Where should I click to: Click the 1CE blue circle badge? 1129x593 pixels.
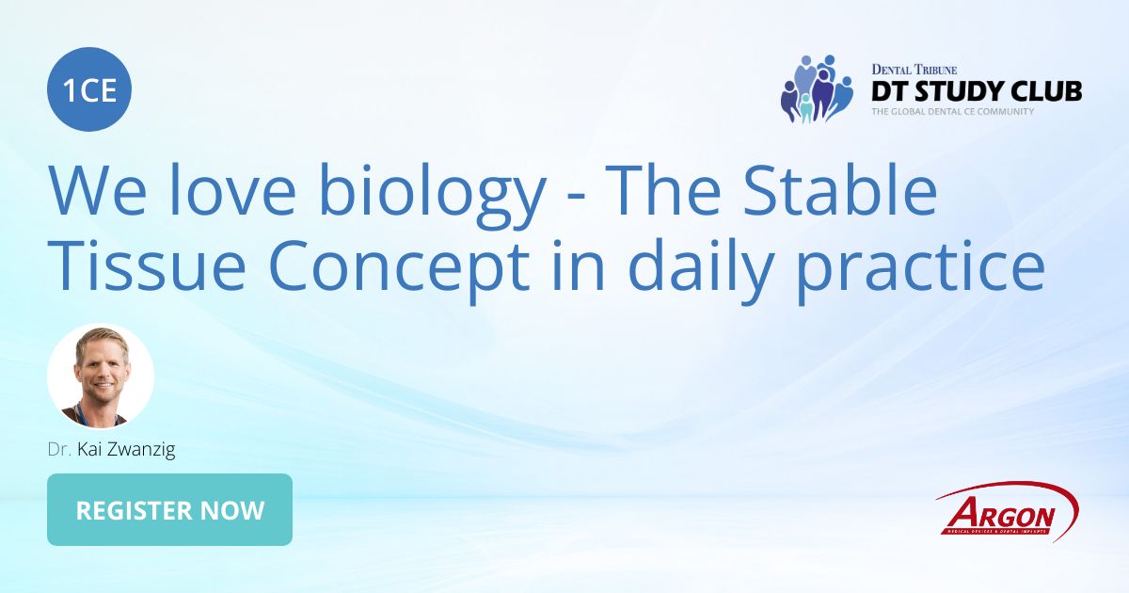tap(89, 89)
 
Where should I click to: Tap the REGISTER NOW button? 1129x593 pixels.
tap(169, 510)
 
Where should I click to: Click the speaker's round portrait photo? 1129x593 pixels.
tap(101, 377)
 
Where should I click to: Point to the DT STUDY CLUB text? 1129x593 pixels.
tap(976, 90)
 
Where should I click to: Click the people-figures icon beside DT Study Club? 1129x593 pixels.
tap(815, 89)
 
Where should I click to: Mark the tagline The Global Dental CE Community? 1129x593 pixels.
tap(952, 111)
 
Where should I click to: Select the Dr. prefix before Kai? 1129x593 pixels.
tap(60, 449)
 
